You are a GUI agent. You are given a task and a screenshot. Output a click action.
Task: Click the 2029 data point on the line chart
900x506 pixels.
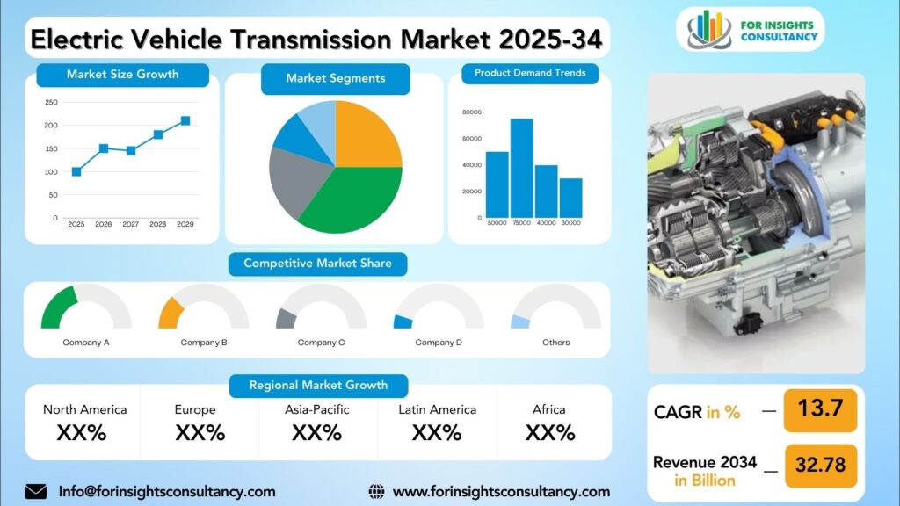click(x=185, y=121)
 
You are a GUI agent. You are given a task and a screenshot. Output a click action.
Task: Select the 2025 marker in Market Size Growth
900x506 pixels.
click(x=76, y=172)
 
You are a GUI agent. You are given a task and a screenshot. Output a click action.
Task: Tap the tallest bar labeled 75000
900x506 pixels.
click(x=522, y=168)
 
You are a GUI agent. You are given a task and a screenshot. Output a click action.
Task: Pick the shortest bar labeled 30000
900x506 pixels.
click(x=570, y=198)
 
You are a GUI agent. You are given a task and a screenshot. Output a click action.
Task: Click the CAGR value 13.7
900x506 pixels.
click(x=820, y=409)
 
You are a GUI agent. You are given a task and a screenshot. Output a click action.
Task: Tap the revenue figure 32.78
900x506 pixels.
click(x=819, y=463)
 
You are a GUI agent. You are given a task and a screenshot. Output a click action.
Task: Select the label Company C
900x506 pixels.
click(x=321, y=343)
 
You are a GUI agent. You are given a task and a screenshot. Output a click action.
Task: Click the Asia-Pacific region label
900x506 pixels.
click(x=316, y=409)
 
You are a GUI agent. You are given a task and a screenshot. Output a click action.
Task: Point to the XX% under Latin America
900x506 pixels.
click(x=437, y=432)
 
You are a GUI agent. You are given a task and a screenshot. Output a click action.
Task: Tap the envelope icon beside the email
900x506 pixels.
click(x=36, y=491)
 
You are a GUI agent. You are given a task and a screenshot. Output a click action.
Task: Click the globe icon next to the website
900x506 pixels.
click(x=376, y=491)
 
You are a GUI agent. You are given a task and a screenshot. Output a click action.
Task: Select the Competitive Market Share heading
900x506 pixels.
click(x=317, y=264)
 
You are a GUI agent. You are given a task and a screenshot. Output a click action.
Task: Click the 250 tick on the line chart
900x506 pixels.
click(x=51, y=102)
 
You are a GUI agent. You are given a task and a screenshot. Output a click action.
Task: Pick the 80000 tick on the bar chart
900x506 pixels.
click(x=471, y=112)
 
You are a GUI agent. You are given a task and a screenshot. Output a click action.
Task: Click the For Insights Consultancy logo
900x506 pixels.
click(x=751, y=30)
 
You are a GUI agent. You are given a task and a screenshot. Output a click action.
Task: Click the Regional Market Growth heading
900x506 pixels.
click(x=318, y=386)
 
